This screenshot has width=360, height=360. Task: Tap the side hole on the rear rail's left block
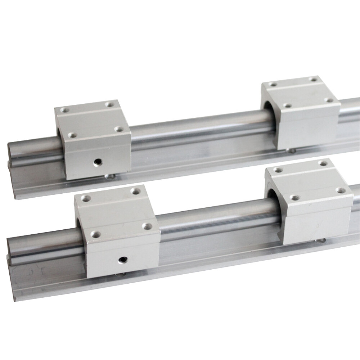click(x=96, y=162)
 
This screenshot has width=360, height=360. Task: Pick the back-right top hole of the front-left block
click(x=135, y=191)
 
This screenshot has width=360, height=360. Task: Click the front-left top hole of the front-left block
click(x=95, y=234)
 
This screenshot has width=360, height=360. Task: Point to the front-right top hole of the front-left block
click(x=147, y=226)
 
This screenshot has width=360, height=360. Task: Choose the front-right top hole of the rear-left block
click(x=118, y=129)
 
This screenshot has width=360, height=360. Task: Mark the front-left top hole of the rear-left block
click(x=72, y=136)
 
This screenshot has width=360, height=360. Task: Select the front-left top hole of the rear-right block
click(x=287, y=106)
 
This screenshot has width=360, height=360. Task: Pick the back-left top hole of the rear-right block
click(x=274, y=85)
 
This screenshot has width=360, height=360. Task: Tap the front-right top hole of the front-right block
click(x=340, y=190)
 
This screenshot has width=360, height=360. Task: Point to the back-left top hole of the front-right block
click(x=278, y=170)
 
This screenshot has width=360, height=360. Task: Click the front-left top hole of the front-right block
click(x=294, y=197)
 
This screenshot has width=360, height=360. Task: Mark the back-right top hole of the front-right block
click(x=323, y=163)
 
